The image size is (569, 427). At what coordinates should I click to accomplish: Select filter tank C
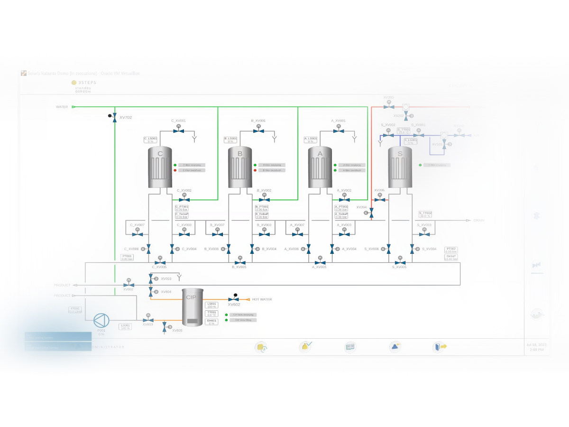[x=160, y=167]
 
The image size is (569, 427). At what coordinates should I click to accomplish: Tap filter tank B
[x=240, y=167]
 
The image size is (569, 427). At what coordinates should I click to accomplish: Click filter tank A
[x=320, y=167]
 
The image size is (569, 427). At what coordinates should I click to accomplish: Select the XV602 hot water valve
[x=234, y=299]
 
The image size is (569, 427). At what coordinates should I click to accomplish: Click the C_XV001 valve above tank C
[x=178, y=131]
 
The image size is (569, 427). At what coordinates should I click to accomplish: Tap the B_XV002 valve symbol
[x=264, y=200]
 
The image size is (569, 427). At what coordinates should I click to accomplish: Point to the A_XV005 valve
[x=320, y=262]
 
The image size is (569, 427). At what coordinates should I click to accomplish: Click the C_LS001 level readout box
[x=151, y=140]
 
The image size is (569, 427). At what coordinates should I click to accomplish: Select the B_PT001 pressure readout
[x=262, y=208]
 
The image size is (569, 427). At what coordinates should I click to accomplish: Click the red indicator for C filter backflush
[x=175, y=170]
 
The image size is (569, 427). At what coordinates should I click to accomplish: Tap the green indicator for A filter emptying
[x=335, y=165]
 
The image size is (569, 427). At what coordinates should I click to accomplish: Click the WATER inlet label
[x=62, y=107]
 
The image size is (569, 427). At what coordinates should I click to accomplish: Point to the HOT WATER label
[x=262, y=299]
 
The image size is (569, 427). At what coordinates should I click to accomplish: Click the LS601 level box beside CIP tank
[x=211, y=305]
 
